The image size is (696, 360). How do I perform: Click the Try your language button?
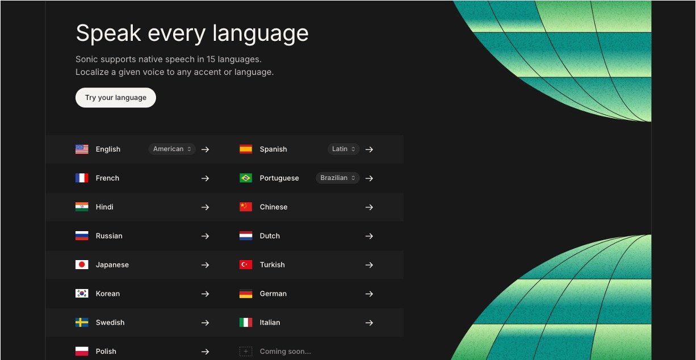point(116,98)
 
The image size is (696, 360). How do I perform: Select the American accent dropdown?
point(172,149)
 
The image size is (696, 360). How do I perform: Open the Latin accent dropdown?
point(343,149)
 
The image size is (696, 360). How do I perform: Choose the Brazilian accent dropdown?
point(337,178)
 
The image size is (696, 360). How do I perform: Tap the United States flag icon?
point(82,149)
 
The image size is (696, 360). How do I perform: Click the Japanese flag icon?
point(82,265)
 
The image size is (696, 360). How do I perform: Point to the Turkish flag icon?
point(246,265)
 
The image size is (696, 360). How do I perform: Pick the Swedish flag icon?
point(82,323)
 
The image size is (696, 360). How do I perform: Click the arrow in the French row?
point(205,178)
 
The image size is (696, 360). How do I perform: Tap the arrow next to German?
point(369,294)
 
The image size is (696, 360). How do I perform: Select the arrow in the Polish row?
point(205,351)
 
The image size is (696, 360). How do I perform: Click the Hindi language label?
point(104,207)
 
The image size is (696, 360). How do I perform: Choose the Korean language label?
point(107,294)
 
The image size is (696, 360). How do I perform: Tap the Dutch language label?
point(270,236)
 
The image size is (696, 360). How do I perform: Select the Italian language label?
point(270,323)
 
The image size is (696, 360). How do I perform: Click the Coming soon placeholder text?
point(285,351)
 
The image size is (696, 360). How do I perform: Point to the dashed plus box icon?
point(246,351)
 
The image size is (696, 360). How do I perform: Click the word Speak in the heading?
point(108,34)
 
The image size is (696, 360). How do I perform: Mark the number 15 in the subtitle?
point(211,59)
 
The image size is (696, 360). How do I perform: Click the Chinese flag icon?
point(246,207)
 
